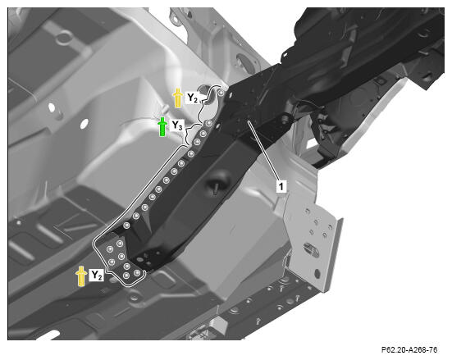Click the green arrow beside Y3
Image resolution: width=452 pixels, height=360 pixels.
point(162,126)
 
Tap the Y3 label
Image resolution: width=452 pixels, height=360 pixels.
point(177,126)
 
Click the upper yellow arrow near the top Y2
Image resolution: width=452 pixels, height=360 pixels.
point(178,98)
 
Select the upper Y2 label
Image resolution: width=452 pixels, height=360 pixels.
point(192,98)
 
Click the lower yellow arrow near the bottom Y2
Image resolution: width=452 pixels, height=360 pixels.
point(81,276)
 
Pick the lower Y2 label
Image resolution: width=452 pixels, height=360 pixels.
point(97,276)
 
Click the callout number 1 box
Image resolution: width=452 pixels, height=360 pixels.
point(281,186)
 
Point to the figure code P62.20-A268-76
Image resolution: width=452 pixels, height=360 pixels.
point(409,350)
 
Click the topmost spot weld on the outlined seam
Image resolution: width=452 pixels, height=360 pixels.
point(221,93)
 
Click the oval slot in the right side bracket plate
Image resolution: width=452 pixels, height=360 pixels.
point(311,249)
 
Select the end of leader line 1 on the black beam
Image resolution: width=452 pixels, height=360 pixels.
point(249,122)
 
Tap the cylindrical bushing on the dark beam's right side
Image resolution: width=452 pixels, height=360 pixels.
point(285,118)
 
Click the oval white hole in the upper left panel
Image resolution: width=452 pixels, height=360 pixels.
point(52,107)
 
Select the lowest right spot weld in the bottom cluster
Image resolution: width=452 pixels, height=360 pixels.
point(137,273)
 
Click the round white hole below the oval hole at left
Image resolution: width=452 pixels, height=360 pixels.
point(84,124)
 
